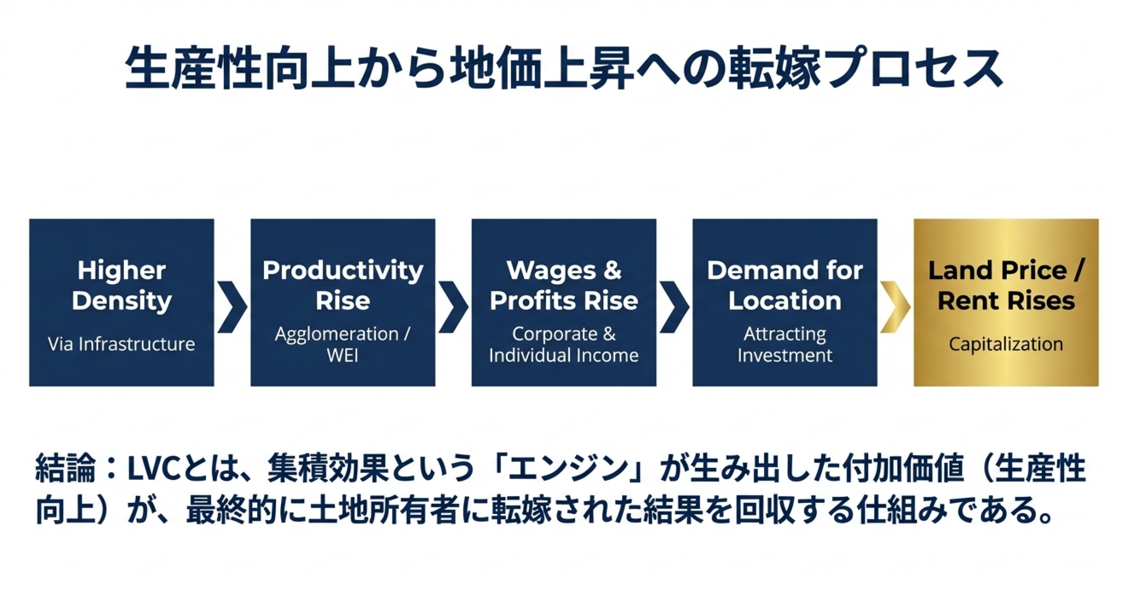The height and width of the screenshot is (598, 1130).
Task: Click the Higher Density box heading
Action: point(121,286)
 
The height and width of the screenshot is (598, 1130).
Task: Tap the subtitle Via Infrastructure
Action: point(121,344)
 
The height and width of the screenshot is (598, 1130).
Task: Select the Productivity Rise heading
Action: point(343,286)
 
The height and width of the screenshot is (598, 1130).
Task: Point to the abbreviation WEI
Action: point(343,355)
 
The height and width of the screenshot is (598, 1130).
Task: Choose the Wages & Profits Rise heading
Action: point(564,286)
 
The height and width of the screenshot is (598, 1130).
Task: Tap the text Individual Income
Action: point(564,355)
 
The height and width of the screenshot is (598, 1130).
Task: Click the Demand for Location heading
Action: point(785,286)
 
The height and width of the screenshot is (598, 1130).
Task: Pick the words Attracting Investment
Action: point(785,345)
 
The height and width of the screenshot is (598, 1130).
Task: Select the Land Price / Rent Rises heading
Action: point(1006,286)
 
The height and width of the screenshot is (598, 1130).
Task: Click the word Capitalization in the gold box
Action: point(1006,344)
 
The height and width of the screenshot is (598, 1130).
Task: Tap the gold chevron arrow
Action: point(895,307)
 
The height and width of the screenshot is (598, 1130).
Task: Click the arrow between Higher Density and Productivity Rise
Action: point(232,307)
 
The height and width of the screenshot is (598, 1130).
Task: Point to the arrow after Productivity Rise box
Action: point(453,307)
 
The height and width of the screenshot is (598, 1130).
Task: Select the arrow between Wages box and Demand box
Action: point(674,307)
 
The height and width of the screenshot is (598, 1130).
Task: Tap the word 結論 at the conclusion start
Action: point(65,469)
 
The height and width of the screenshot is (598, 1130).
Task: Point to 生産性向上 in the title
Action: point(240,68)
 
